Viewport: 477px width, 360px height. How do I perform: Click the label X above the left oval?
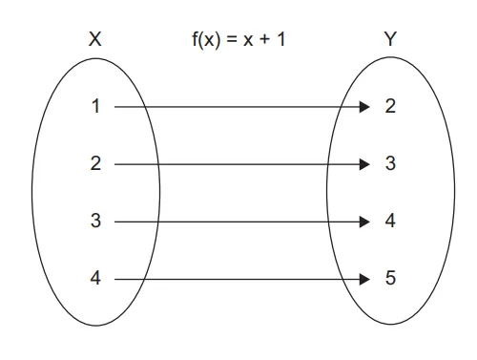[94, 40]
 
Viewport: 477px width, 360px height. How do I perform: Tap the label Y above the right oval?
[390, 40]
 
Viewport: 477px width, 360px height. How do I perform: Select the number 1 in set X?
[94, 107]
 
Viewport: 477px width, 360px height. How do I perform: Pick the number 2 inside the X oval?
[94, 164]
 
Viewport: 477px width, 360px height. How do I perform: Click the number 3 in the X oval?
[94, 222]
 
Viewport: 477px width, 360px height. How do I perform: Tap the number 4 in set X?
[94, 280]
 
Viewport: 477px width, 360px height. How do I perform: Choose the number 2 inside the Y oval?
[390, 107]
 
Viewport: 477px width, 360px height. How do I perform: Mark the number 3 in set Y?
[390, 164]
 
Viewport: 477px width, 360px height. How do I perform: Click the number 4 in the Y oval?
[390, 222]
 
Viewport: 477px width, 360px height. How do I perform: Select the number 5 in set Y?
[390, 280]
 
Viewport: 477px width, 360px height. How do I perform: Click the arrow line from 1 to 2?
[238, 107]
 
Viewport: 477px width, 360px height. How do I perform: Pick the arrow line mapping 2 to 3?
[238, 164]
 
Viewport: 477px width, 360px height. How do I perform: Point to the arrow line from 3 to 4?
[238, 222]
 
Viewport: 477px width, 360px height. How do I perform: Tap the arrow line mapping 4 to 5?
[238, 280]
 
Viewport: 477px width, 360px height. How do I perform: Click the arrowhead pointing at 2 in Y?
[363, 107]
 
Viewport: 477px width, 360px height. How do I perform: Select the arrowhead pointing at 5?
[363, 280]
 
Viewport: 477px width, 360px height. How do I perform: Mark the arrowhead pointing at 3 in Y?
[363, 164]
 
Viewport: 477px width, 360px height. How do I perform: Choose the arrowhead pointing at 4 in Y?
[363, 222]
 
